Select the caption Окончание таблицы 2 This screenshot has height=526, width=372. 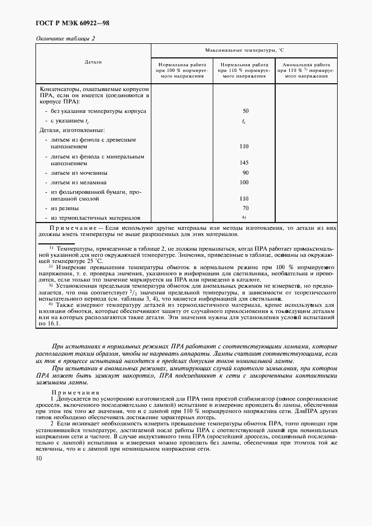pos(65,38)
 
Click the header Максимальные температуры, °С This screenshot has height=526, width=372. pos(244,50)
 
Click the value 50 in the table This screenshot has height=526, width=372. pos(245,111)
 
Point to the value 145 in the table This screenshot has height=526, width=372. pos(244,162)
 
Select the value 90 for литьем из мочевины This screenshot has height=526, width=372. pos(245,173)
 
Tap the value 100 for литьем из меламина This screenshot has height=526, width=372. pos(244,183)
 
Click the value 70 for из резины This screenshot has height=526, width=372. pos(245,208)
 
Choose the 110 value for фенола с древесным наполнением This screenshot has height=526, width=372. pos(244,146)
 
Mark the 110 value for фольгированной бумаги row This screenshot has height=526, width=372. pos(244,198)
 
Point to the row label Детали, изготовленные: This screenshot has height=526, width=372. pos(71,130)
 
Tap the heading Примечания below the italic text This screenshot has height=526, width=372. pos(75,392)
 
